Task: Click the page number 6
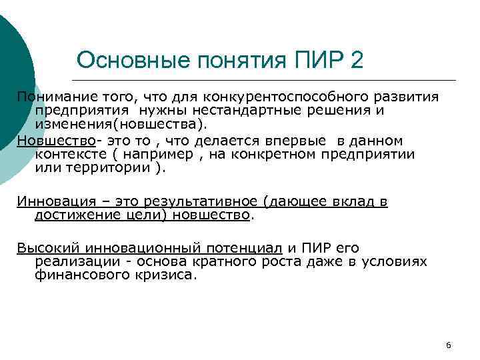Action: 448,345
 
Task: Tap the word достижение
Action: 73,215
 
